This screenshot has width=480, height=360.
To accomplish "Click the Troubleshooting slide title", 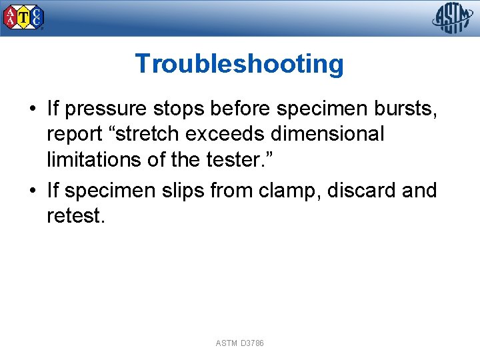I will pyautogui.click(x=239, y=64).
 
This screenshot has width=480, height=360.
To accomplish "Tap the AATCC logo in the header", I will pyautogui.click(x=24, y=17).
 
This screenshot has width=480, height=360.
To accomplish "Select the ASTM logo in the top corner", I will pyautogui.click(x=453, y=18).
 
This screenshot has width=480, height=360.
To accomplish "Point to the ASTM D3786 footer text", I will pyautogui.click(x=239, y=343).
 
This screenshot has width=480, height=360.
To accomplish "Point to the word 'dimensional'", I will pyautogui.click(x=327, y=134).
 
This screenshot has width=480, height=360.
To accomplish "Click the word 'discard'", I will pyautogui.click(x=363, y=191).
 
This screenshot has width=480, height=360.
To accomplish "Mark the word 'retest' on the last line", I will pyautogui.click(x=73, y=216).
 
